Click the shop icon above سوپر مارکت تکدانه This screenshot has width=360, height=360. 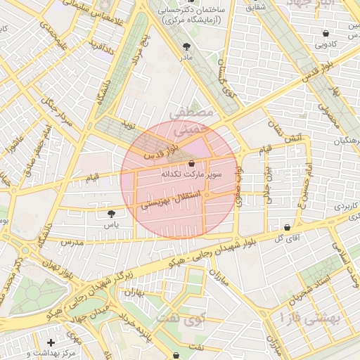(192, 163)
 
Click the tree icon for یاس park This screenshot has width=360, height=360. (110, 213)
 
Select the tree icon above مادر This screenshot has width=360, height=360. (186, 46)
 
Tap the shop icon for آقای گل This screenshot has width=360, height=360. (288, 228)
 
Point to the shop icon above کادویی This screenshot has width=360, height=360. (325, 33)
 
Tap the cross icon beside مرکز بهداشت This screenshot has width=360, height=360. (51, 342)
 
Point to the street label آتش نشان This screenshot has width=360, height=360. (279, 124)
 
